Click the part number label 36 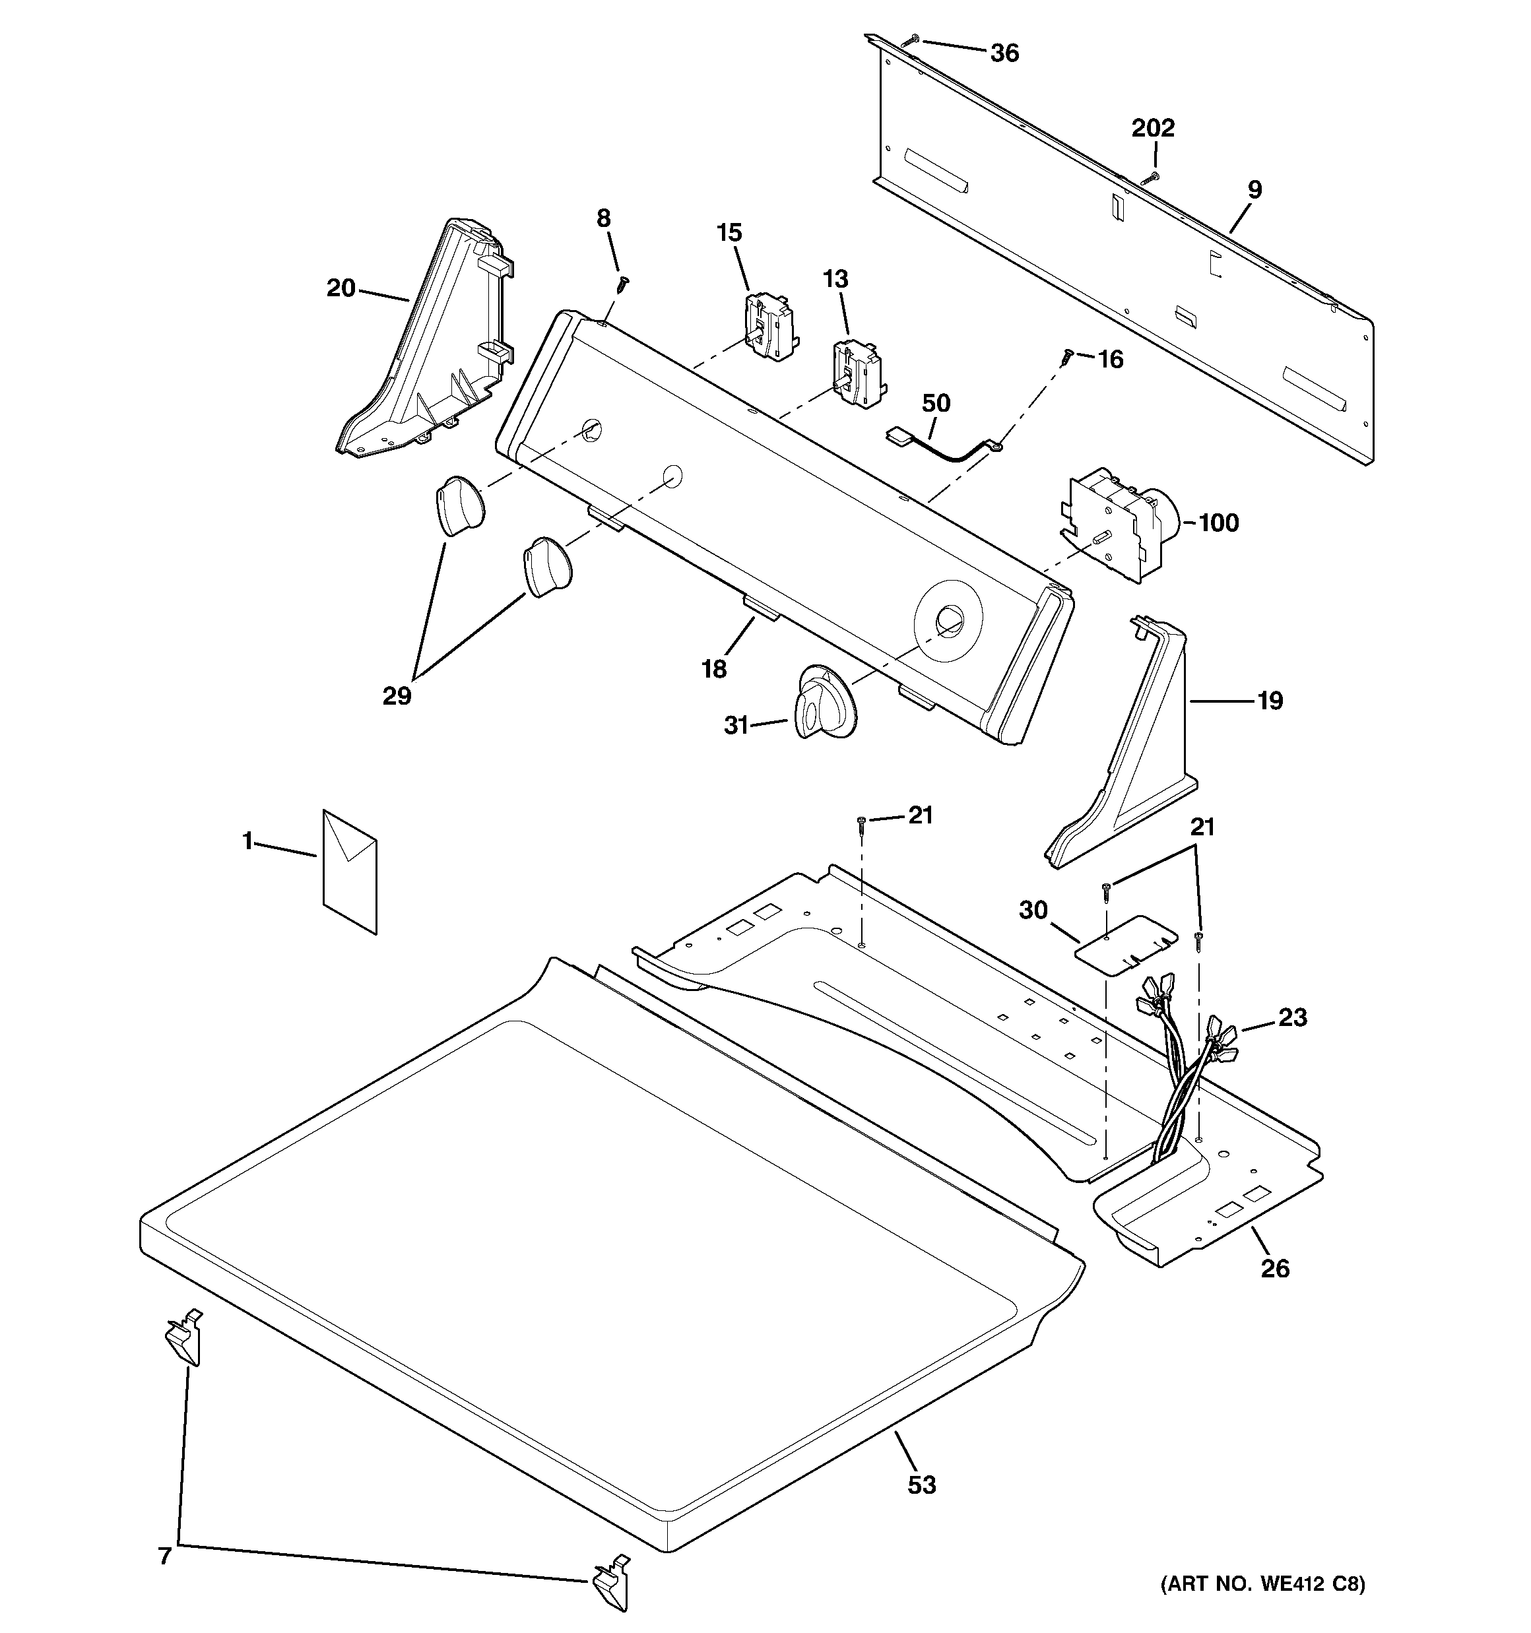pos(1004,53)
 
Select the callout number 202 pos(1153,128)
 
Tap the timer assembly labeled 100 pos(1118,526)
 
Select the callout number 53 pos(922,1485)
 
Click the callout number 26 pos(1274,1268)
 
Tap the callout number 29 pos(397,695)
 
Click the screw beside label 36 pos(912,40)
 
